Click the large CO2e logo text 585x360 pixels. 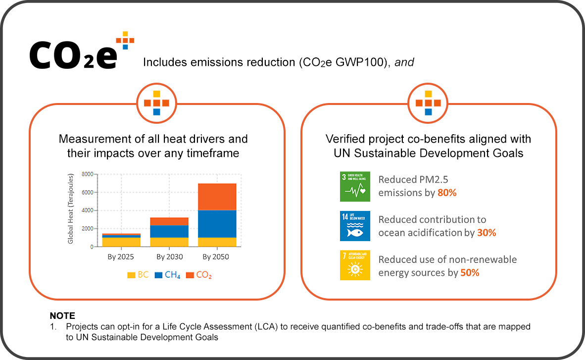[73, 53]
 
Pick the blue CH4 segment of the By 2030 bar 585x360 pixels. [170, 231]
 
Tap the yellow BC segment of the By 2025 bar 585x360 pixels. [121, 242]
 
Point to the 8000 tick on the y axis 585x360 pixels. [87, 174]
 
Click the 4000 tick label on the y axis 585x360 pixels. [87, 210]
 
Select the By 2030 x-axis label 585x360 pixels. [170, 257]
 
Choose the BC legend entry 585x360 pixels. [138, 275]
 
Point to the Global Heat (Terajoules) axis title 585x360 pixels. [70, 208]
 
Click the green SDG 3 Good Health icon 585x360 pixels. [355, 187]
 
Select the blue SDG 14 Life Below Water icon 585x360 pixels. [355, 226]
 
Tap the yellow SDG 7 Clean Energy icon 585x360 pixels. [355, 265]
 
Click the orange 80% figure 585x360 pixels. [447, 193]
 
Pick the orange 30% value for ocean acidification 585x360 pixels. [487, 232]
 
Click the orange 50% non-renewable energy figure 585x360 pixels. [470, 272]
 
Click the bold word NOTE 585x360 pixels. [62, 316]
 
